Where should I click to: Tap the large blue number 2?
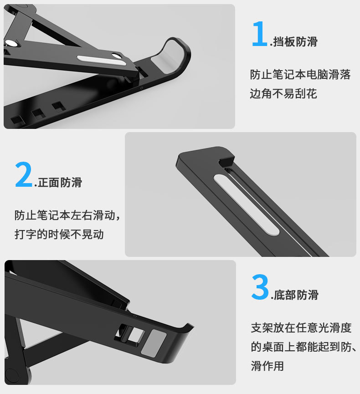(23, 174)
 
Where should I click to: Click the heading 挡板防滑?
(295, 42)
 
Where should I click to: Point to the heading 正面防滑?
(60, 183)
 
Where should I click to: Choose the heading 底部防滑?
(296, 295)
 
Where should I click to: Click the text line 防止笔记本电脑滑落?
(300, 75)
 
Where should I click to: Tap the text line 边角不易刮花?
(283, 94)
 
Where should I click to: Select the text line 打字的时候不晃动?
(59, 234)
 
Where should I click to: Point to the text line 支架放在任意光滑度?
(301, 327)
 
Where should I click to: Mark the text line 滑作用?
(267, 366)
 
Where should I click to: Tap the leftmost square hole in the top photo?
(17, 120)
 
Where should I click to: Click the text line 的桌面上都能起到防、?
(303, 347)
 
